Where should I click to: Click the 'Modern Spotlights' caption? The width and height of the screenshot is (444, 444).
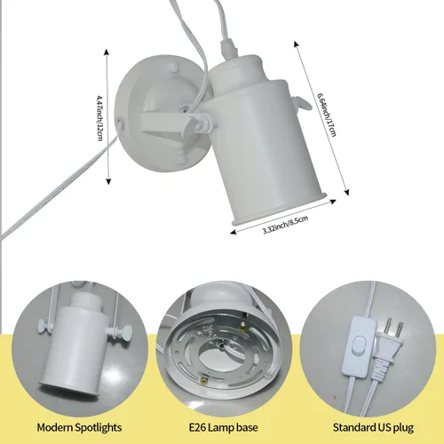[79, 428]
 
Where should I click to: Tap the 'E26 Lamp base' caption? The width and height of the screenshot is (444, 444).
[224, 428]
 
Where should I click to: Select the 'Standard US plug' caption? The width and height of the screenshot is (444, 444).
[373, 428]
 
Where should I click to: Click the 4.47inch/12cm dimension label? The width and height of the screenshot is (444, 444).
[100, 118]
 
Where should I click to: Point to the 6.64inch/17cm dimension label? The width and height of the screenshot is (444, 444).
[327, 114]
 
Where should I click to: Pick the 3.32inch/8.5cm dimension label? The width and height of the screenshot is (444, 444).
[286, 225]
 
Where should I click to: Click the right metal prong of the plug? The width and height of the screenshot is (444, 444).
[400, 329]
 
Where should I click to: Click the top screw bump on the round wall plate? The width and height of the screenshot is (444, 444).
[172, 67]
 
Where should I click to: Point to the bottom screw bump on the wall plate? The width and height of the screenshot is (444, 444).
[182, 160]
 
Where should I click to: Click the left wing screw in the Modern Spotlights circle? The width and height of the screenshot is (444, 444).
[44, 325]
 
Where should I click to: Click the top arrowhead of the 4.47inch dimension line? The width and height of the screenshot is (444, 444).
[107, 52]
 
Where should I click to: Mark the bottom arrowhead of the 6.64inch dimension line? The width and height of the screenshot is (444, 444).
[347, 193]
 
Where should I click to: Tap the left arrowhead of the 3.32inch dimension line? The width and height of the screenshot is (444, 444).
[234, 232]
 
